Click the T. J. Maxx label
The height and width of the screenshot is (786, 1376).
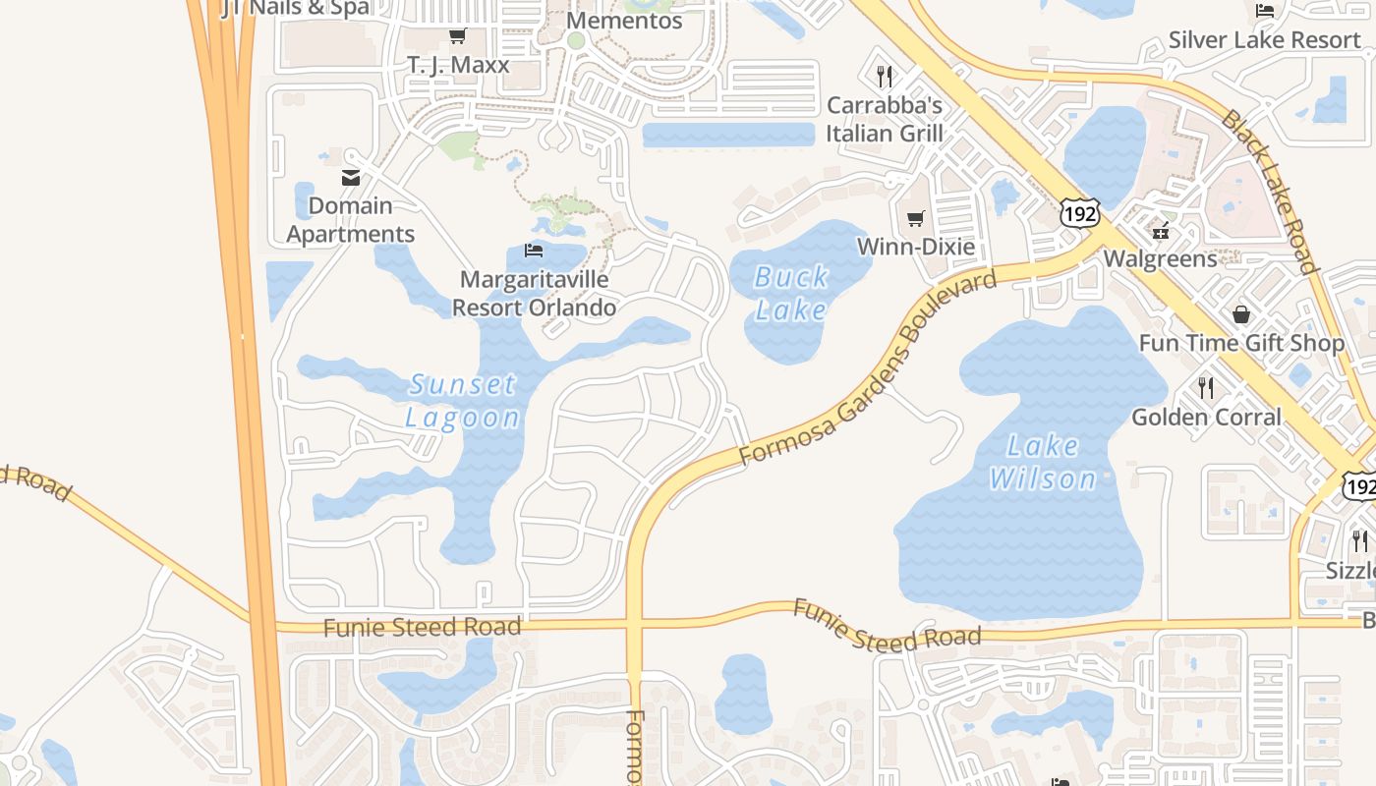pos(458,65)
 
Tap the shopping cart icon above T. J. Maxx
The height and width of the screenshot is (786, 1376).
pos(457,36)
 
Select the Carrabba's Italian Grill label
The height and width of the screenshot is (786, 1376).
pos(885,119)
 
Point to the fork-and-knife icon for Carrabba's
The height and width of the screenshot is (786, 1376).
pos(885,76)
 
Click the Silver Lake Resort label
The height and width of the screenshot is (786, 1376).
pos(1264,40)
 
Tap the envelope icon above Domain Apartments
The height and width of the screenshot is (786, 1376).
pos(351,178)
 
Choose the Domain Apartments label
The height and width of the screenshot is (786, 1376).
pos(351,220)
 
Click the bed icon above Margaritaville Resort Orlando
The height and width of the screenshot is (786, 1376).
pos(534,251)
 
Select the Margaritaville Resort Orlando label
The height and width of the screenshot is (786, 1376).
pos(534,293)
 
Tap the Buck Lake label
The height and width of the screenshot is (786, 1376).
pos(791,294)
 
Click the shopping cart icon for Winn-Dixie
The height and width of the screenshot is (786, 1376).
pos(915,219)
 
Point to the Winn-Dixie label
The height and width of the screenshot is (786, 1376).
pos(916,246)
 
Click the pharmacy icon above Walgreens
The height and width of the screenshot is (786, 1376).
pos(1161,231)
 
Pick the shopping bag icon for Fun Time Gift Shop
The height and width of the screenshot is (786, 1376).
pos(1241,314)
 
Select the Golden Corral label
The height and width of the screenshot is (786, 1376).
pos(1206,417)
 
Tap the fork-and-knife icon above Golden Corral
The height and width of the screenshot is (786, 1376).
pos(1206,388)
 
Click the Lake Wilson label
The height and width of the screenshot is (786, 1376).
pos(1043,463)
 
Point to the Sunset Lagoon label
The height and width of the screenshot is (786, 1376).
pos(463,401)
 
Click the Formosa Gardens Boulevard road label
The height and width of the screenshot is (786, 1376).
pos(867,368)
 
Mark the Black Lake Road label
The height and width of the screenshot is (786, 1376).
pos(1268,192)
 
